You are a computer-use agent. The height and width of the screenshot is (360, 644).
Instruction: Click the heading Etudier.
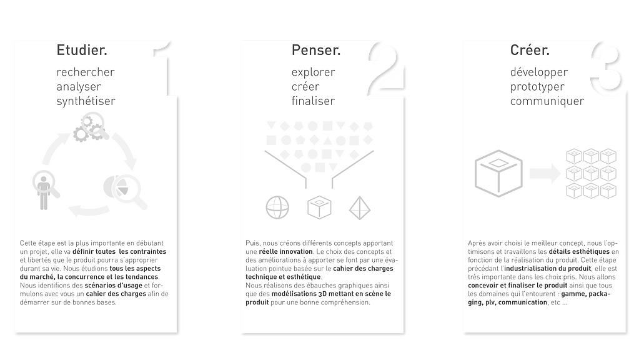[81, 51]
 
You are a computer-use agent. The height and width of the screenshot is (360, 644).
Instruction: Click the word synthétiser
[86, 101]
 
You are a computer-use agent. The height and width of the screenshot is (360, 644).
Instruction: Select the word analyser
[79, 86]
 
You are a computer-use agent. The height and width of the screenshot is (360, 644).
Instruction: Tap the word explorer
[314, 72]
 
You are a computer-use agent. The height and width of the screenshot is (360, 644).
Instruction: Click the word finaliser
[314, 101]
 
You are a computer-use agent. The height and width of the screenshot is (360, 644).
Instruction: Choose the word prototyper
[537, 86]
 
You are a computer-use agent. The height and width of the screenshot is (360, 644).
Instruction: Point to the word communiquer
[547, 101]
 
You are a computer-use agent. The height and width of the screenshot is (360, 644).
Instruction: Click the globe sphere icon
[277, 208]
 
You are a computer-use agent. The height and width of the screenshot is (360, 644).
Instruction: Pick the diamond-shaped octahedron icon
[359, 208]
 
